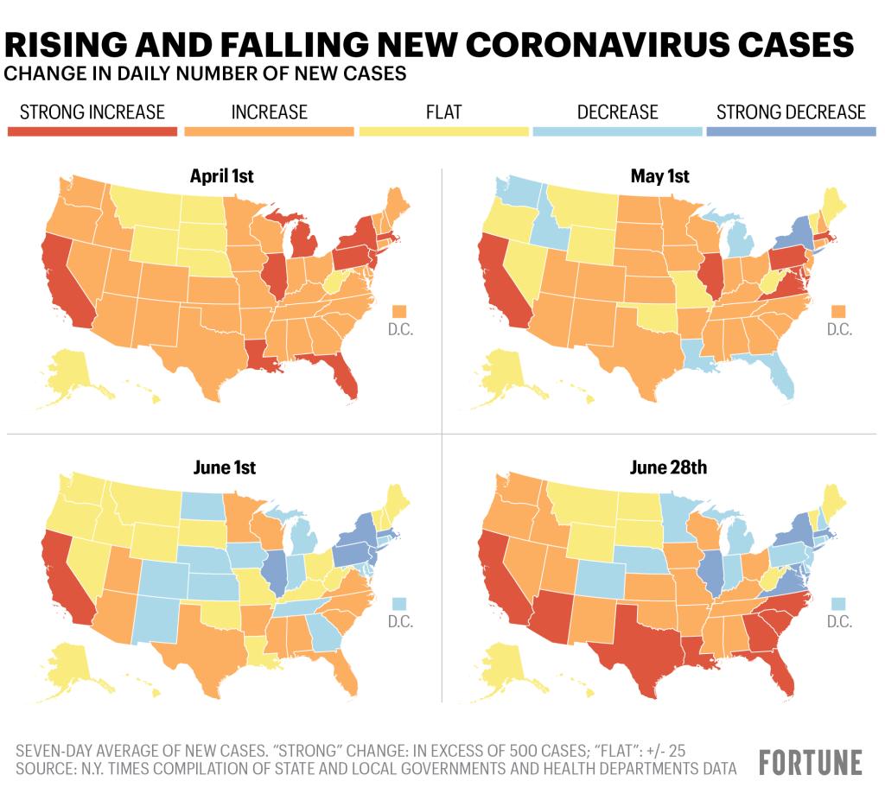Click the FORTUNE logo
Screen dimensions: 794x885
pos(810,762)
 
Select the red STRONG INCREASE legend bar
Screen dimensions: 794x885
pos(92,131)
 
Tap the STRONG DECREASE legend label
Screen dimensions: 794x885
pos(791,112)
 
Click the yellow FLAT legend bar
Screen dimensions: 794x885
pos(442,131)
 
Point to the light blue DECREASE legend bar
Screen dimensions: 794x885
pos(617,131)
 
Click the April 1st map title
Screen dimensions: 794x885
pos(221,177)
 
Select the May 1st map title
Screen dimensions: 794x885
pos(660,177)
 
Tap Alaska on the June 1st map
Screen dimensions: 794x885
pos(70,657)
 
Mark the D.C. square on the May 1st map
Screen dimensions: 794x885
pos(837,310)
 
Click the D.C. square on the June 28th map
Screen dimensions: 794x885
pos(837,602)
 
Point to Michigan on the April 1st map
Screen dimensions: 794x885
pos(302,245)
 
